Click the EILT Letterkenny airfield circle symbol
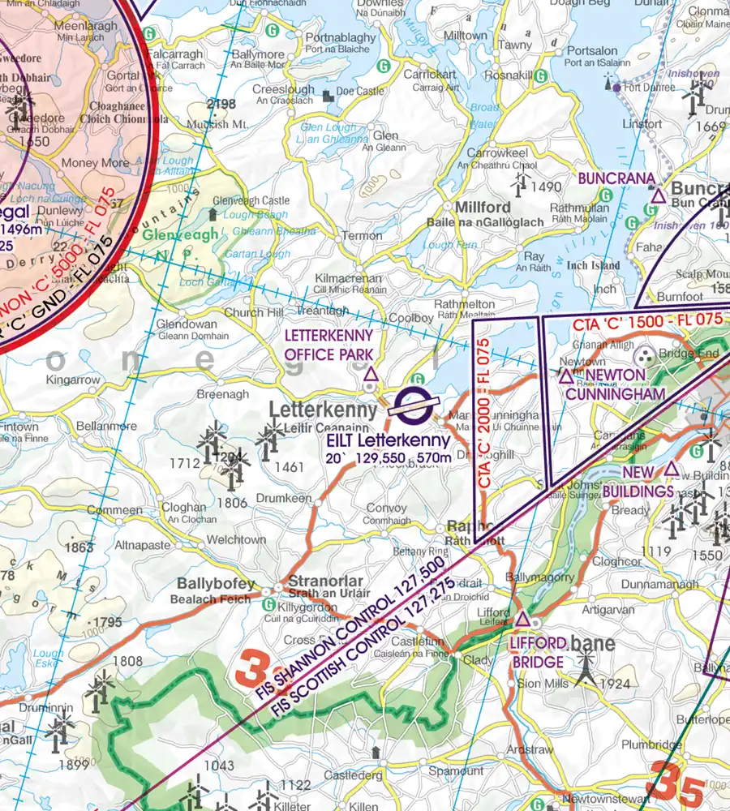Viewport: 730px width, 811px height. point(413,403)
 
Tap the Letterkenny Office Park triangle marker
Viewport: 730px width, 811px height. point(371,374)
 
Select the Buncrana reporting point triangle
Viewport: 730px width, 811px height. point(657,194)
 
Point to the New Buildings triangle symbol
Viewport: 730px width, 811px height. point(672,469)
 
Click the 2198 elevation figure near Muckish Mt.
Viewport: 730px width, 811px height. point(221,104)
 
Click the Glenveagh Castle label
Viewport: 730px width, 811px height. point(251,200)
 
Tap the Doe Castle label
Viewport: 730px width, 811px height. point(360,92)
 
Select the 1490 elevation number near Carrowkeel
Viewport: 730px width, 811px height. point(546,187)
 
